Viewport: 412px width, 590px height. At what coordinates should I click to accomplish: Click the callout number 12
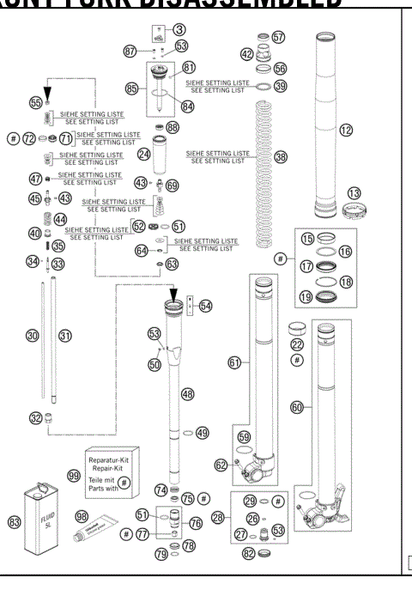pyautogui.click(x=347, y=131)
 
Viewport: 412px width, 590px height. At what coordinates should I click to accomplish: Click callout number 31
pyautogui.click(x=64, y=336)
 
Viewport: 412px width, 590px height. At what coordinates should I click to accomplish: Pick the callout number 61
pyautogui.click(x=233, y=363)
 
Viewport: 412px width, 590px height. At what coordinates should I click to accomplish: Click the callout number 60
pyautogui.click(x=296, y=408)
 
